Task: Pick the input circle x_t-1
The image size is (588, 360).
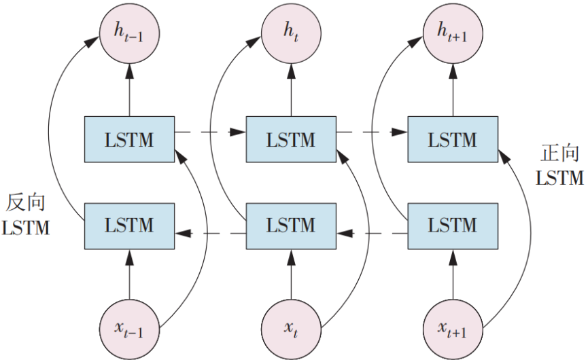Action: [129, 329]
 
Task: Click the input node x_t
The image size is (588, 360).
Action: [292, 329]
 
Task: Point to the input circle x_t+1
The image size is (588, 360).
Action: [453, 329]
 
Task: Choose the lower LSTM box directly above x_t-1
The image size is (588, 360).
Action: [129, 225]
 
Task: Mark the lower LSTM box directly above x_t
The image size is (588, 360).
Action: [292, 225]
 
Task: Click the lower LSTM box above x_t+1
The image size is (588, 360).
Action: [453, 225]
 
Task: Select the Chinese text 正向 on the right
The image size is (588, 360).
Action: [559, 154]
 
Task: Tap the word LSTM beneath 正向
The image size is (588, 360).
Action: [559, 178]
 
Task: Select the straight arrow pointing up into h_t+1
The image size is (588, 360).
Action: [453, 88]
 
